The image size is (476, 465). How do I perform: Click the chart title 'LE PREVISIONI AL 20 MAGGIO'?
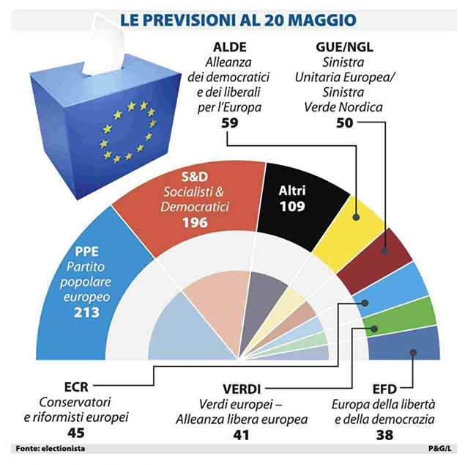pos(239,15)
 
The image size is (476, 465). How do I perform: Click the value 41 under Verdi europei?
pos(242,434)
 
